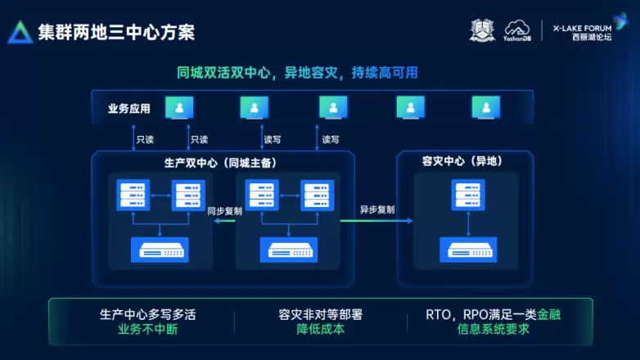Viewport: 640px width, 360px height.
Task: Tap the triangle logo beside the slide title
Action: pos(20,32)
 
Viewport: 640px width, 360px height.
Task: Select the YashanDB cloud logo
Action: pos(517,31)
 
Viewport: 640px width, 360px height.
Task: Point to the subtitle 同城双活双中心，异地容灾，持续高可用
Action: pos(297,73)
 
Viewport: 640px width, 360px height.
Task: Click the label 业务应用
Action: pos(128,108)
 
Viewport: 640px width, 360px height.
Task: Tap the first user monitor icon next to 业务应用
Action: pos(179,107)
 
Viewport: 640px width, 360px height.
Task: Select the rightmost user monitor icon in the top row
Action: pos(485,107)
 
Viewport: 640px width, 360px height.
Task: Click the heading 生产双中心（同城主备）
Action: pos(220,162)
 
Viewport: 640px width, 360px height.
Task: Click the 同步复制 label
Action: pos(224,210)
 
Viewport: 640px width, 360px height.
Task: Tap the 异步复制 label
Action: pos(377,209)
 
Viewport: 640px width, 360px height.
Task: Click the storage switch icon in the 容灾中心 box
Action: pos(469,249)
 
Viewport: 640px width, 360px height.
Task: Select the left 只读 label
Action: pos(146,139)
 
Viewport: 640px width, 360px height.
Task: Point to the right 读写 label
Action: pos(331,139)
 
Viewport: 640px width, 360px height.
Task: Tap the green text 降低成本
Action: pos(320,330)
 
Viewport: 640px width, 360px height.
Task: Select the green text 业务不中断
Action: pos(148,330)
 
